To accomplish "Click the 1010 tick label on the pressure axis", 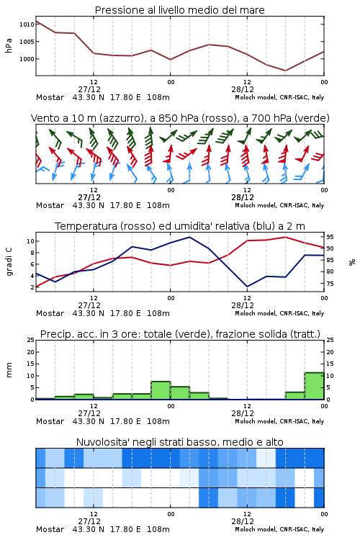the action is coord(27,24).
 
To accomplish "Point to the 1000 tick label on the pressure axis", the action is coord(27,59).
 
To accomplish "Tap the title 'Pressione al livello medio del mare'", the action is coord(180,10).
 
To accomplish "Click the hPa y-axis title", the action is coord(9,45).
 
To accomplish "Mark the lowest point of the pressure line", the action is coord(285,71).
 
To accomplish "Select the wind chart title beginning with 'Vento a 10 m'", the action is coord(180,118).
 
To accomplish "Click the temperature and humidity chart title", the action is coord(180,226).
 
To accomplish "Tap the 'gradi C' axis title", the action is coord(9,262).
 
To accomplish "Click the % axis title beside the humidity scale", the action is coord(352,262).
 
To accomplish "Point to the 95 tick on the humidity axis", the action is coord(330,237).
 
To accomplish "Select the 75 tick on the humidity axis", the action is coord(330,284).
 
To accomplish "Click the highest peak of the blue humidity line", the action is coord(189,238).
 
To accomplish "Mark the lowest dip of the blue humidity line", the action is coord(247,287).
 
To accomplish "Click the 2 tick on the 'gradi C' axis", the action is coord(32,287).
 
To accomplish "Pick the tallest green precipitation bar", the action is coord(314,386).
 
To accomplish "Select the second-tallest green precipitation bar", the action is coord(161,390).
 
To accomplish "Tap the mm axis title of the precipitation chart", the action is coord(9,370).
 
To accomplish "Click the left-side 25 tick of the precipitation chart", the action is coord(30,340).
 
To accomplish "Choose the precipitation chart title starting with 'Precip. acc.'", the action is coord(180,334).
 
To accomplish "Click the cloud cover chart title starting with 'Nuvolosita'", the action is coord(180,442).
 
